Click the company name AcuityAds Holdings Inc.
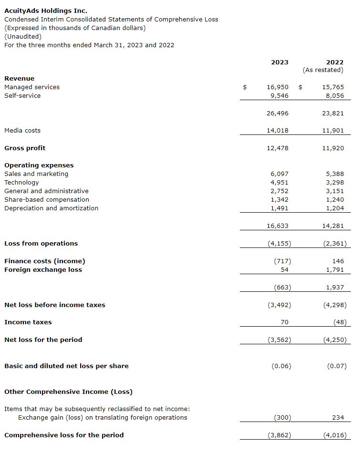46,10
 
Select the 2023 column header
279,62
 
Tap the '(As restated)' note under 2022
323,70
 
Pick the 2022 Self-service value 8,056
333,96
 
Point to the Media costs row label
22,131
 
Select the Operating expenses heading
39,165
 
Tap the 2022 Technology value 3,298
335,183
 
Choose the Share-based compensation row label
47,200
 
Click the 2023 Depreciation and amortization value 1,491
279,208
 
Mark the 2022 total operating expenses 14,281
333,226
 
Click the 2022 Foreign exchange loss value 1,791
335,270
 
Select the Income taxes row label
28,322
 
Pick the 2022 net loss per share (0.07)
337,366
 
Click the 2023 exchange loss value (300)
282,418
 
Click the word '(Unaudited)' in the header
23,36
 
